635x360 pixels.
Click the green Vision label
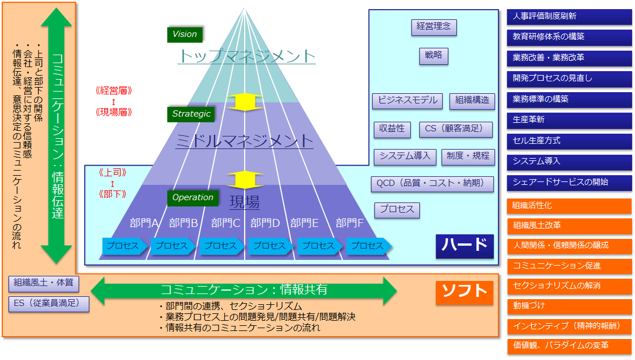click(x=185, y=35)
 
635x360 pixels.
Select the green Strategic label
click(x=191, y=114)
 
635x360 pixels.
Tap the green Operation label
click(x=193, y=197)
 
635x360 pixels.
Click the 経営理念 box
click(x=434, y=27)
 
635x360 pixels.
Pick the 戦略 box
click(x=434, y=56)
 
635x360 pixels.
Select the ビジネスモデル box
click(x=407, y=101)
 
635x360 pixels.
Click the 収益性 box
click(x=391, y=129)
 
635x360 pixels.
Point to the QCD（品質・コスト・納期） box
click(x=432, y=184)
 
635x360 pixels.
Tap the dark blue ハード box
click(x=464, y=246)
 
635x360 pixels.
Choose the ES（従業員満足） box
click(x=48, y=304)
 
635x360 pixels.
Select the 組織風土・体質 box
click(x=44, y=283)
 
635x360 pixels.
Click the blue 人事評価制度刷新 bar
click(x=570, y=17)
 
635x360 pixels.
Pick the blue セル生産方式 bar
click(x=570, y=141)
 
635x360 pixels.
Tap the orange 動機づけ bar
click(x=570, y=306)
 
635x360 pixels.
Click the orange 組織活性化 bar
click(x=570, y=206)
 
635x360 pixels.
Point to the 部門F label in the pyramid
click(x=349, y=223)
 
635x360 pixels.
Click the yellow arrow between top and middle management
click(x=245, y=102)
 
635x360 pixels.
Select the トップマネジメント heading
click(x=246, y=56)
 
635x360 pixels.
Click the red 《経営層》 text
click(x=114, y=90)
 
